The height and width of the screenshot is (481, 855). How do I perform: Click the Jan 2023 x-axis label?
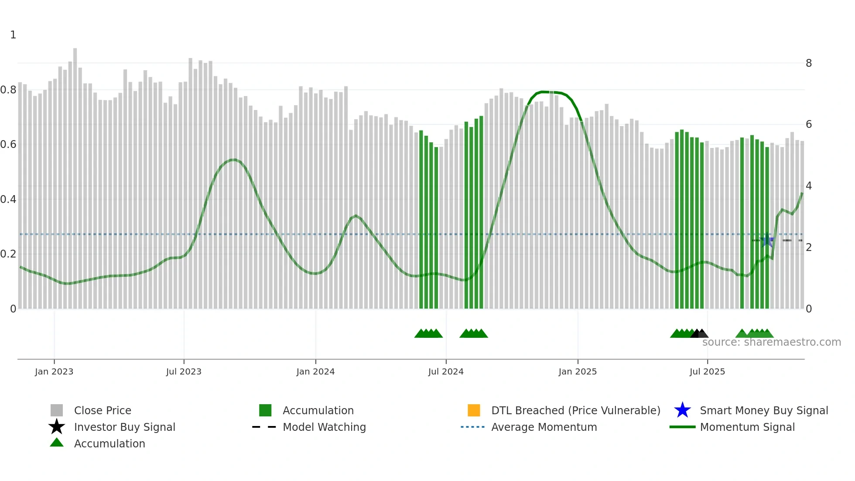click(x=54, y=371)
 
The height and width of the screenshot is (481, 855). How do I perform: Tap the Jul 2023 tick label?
click(x=184, y=371)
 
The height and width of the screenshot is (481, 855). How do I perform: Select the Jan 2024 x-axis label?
click(x=315, y=371)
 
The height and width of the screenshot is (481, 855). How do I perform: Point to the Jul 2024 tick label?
click(x=446, y=371)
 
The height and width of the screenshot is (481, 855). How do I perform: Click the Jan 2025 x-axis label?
click(x=578, y=371)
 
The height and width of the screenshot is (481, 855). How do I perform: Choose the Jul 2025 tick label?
click(x=707, y=371)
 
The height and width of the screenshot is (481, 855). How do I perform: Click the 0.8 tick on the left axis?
click(x=8, y=90)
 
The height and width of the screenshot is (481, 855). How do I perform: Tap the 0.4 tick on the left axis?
click(x=8, y=199)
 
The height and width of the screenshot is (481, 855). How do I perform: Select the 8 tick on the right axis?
click(x=809, y=63)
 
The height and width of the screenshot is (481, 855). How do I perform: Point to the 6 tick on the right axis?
click(x=809, y=124)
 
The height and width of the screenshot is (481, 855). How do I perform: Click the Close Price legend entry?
click(x=103, y=410)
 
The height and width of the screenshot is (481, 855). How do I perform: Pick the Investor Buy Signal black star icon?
click(x=57, y=427)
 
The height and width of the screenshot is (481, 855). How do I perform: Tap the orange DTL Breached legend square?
click(x=474, y=410)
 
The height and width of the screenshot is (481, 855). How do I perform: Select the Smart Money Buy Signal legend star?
click(x=682, y=410)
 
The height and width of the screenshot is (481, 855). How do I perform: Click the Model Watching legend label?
click(x=324, y=427)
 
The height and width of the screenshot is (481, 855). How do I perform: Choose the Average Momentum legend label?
click(x=544, y=427)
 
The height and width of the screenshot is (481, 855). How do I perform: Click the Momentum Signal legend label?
click(x=747, y=427)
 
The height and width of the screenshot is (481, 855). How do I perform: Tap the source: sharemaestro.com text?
click(x=771, y=342)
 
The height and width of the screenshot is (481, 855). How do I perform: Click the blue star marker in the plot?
click(x=767, y=240)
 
